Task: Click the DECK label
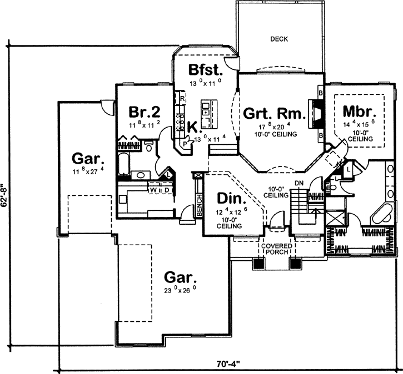click(x=278, y=39)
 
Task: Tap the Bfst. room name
click(x=206, y=70)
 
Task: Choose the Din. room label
click(x=229, y=199)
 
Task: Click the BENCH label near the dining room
click(x=198, y=200)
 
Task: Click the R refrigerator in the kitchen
click(x=182, y=98)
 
